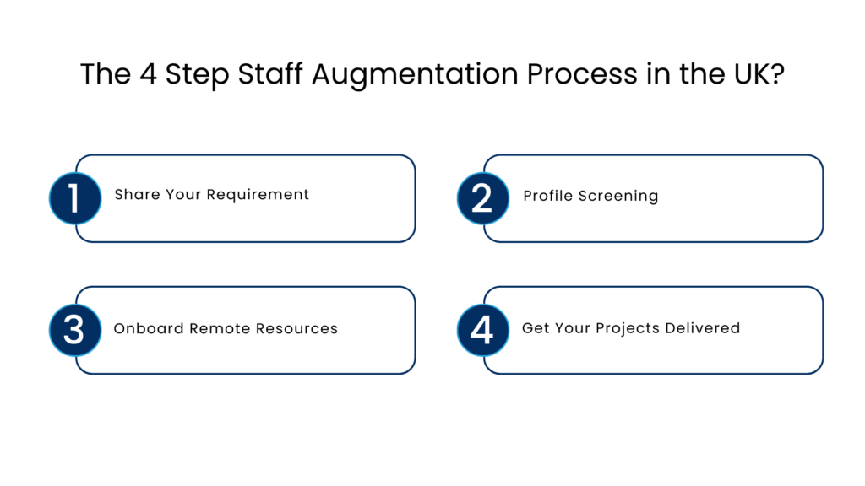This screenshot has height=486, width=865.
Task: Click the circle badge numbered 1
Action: tap(74, 198)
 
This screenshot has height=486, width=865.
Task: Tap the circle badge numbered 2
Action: tap(482, 198)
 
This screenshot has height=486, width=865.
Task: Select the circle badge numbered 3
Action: tap(74, 330)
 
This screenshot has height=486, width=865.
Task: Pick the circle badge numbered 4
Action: tap(482, 330)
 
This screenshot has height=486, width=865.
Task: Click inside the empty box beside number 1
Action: tap(253, 198)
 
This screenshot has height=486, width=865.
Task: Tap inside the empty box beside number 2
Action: tap(663, 198)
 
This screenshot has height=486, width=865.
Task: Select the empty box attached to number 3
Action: tap(253, 330)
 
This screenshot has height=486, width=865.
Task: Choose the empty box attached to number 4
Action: tap(663, 330)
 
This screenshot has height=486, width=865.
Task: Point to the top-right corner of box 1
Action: tap(411, 159)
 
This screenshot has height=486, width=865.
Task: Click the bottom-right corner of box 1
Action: tap(411, 238)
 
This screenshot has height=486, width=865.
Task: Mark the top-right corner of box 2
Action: tap(819, 159)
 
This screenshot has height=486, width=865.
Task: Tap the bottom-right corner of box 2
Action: tap(819, 238)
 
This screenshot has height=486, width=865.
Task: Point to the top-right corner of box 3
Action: tap(411, 290)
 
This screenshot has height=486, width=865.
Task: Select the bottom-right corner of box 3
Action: tap(411, 370)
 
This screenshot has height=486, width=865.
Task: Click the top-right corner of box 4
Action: tap(819, 290)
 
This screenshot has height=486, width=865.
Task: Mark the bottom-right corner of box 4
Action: tap(819, 370)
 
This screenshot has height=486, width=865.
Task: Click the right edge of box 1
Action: tap(415, 198)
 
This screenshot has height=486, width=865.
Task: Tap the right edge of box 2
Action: tap(823, 198)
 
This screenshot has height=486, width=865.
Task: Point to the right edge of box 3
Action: tap(415, 330)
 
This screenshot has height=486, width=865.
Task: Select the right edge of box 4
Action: tap(823, 330)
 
